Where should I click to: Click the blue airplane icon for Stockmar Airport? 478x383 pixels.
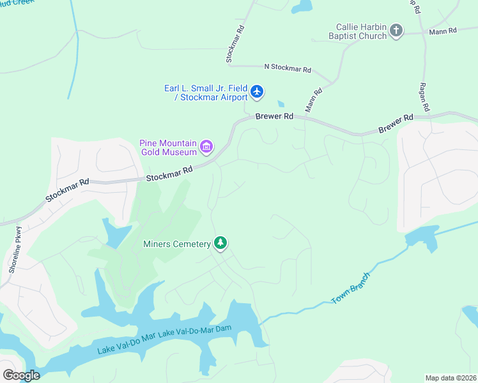point(257,92)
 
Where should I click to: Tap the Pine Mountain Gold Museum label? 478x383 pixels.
point(167,147)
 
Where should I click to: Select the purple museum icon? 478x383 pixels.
point(206,147)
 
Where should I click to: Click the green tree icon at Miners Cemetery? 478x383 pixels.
point(220,243)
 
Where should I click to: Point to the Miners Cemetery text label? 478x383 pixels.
point(177,244)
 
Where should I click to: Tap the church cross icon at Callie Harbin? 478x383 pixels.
point(396,31)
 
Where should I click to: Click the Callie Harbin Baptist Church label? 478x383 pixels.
point(362,31)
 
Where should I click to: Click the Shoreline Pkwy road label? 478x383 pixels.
point(15,250)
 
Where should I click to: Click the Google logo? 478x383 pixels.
point(21,375)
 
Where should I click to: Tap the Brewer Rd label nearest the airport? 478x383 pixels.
point(274,117)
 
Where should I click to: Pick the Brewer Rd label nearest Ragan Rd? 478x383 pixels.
point(396,123)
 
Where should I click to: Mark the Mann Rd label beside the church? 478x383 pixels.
point(443,31)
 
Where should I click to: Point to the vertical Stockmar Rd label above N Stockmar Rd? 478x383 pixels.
point(235,43)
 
